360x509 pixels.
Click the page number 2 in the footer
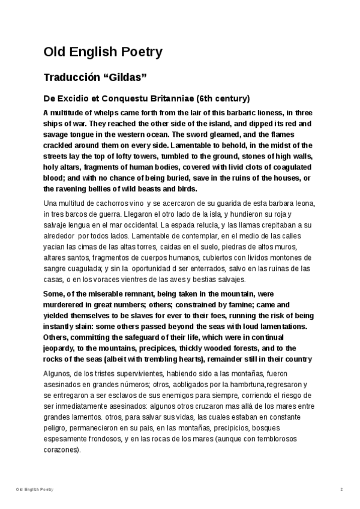tap(341, 490)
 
